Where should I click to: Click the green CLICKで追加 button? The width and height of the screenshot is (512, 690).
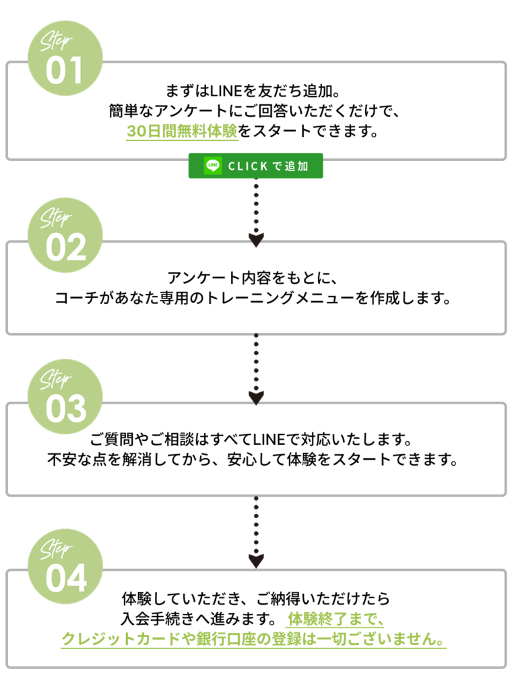click(255, 166)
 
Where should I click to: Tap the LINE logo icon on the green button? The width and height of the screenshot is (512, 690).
click(213, 166)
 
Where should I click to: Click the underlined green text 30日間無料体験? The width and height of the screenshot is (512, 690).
click(182, 131)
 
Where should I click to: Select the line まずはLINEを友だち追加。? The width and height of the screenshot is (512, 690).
click(255, 90)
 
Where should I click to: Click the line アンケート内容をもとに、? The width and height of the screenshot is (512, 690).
click(255, 278)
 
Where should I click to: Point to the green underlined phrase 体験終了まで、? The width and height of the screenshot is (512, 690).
click(335, 619)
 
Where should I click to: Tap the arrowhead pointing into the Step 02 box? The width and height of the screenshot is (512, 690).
click(256, 239)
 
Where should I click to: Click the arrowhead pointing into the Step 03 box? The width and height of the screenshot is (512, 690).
click(256, 398)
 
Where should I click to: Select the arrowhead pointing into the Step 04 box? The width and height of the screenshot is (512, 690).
click(256, 561)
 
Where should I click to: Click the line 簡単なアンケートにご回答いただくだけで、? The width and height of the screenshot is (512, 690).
click(255, 111)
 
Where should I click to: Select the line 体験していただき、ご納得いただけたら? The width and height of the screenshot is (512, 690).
click(255, 598)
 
